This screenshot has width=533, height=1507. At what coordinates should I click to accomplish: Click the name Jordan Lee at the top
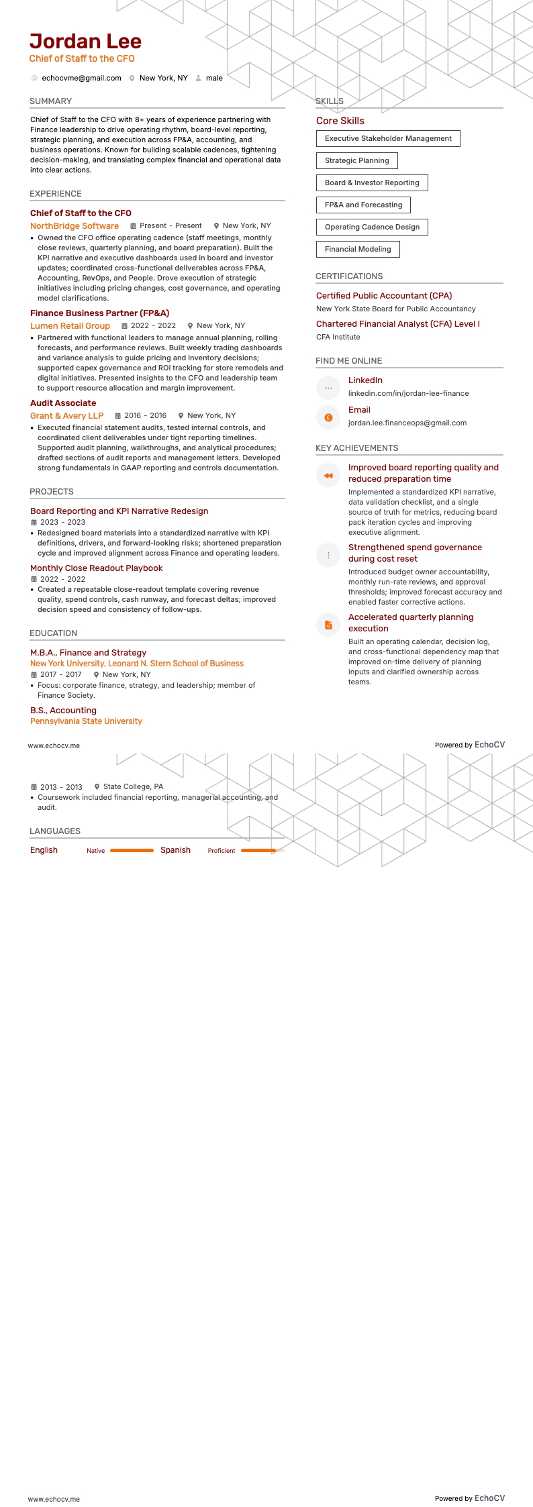tap(85, 42)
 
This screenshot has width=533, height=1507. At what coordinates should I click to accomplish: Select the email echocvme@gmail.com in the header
tap(81, 79)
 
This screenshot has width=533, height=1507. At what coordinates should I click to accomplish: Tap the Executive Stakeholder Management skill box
tap(388, 139)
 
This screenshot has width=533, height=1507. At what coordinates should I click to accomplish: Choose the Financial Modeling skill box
tap(358, 250)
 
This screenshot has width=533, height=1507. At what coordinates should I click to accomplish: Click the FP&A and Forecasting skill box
tap(363, 205)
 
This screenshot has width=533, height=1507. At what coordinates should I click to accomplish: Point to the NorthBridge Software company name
tap(75, 226)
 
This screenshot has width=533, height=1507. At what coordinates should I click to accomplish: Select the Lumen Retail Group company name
tap(70, 326)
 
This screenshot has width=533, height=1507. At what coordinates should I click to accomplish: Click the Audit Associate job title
tap(63, 403)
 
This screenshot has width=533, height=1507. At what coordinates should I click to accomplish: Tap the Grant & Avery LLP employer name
tap(66, 416)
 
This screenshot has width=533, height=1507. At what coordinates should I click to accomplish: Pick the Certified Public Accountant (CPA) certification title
tap(384, 296)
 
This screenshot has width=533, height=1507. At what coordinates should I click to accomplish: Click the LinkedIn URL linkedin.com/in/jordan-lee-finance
tap(408, 394)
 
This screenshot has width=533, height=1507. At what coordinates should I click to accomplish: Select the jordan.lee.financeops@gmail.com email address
tap(407, 423)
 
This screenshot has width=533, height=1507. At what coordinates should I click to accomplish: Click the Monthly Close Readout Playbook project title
tap(97, 568)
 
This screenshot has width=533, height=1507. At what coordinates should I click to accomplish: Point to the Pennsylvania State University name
tap(86, 721)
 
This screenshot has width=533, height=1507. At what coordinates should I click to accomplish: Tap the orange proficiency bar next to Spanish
tap(258, 851)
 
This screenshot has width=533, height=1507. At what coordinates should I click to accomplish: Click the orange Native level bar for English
tap(132, 851)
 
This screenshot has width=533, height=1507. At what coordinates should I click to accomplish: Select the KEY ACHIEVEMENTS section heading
tap(357, 448)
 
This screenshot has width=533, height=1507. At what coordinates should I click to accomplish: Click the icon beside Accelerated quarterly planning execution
tap(328, 625)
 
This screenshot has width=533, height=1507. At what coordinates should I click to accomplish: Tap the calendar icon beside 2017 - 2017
tap(34, 675)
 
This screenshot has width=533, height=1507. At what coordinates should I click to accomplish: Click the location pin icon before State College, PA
tap(97, 787)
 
